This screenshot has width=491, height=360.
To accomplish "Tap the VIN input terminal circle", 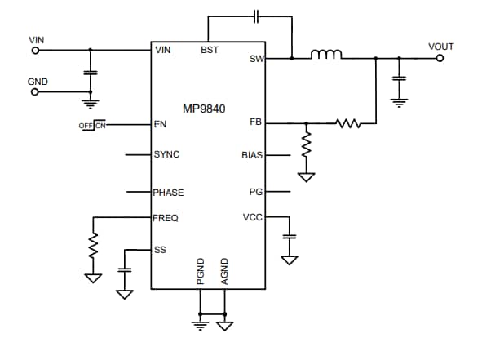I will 35,50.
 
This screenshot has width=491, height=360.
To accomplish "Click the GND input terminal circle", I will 35,92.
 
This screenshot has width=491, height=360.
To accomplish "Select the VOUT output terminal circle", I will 440,58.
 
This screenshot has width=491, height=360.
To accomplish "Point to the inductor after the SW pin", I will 326,56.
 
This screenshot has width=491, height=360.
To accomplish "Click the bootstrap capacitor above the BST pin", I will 256,16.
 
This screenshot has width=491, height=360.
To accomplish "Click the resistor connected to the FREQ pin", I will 93,245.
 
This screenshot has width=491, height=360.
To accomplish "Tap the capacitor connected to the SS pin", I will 124,269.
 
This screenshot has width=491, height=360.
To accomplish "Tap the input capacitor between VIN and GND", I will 91,73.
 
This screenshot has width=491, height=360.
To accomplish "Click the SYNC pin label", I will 166,154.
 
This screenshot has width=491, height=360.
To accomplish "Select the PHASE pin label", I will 168,193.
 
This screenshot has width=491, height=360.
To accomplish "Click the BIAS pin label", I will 252,154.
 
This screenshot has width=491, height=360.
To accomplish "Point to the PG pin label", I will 256,193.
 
